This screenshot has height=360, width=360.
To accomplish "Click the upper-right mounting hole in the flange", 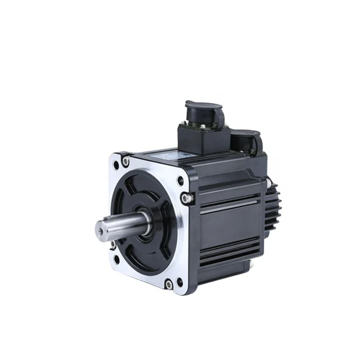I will (x=180, y=181).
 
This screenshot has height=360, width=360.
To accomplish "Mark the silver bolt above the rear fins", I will (x=269, y=181).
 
